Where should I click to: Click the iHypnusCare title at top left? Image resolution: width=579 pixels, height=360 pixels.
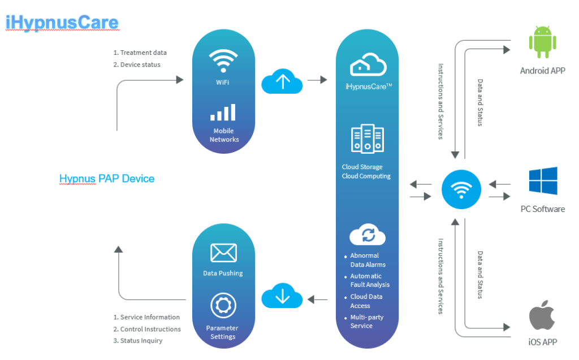tap(62, 23)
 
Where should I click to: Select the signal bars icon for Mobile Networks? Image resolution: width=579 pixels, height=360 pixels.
tap(223, 112)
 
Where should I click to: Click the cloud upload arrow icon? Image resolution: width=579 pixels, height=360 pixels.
tap(282, 81)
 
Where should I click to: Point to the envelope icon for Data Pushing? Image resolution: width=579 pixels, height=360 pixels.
tap(223, 253)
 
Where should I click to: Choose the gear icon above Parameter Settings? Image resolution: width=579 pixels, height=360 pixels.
tap(223, 306)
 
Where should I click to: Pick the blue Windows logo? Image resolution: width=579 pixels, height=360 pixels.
tap(543, 181)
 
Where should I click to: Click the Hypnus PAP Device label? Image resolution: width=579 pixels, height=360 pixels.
tap(107, 179)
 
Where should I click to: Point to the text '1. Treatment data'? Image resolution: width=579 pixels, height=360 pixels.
tap(140, 53)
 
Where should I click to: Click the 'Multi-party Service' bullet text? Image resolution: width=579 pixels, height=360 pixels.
tap(367, 322)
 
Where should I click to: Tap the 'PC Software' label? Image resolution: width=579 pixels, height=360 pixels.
tap(543, 209)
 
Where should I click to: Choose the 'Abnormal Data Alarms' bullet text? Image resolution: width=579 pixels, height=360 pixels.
tap(368, 260)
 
